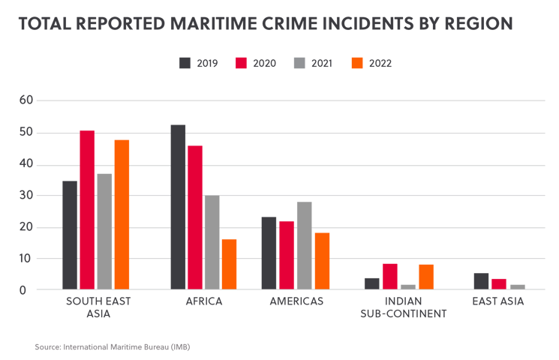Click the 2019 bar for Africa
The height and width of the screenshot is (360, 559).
pos(179,206)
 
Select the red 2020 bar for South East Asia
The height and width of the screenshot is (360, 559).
pos(88,210)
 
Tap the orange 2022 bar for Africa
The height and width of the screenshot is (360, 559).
pos(229,264)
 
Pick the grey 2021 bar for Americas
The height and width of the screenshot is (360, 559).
pos(304,245)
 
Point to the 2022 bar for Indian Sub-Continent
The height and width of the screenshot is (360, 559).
pos(426,277)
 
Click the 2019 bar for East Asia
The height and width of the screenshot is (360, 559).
pos(482,281)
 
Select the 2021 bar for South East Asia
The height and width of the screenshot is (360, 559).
pos(105,231)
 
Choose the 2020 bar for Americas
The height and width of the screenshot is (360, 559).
pos(287,255)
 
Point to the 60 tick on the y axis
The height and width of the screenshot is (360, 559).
pos(27,100)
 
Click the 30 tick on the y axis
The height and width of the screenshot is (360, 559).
pos(27,196)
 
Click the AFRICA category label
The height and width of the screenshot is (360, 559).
pos(203,302)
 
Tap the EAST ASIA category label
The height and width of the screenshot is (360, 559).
pos(497,302)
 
